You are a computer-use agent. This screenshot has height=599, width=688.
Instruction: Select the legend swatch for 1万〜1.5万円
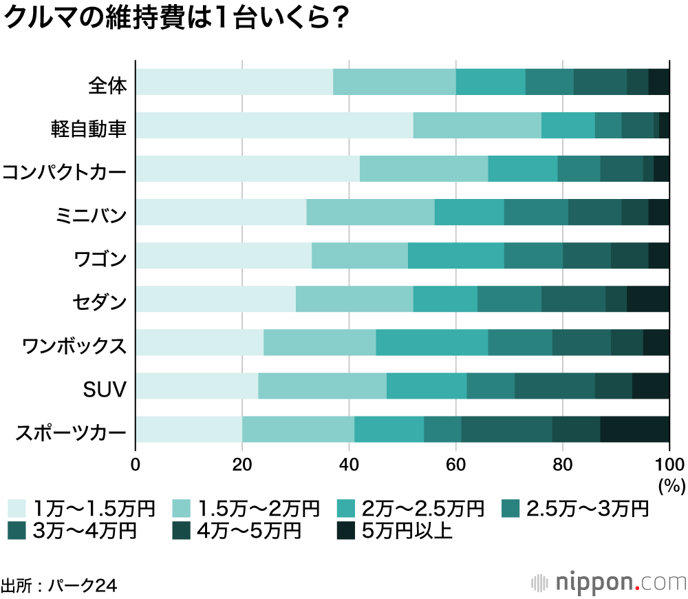point(17,509)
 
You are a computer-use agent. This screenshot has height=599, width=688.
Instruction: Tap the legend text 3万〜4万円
point(85,531)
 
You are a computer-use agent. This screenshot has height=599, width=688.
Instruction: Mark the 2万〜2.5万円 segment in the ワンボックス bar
point(431,342)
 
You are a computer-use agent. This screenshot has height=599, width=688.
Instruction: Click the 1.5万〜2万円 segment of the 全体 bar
point(394,82)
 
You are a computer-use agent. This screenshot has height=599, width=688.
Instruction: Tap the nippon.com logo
point(608,582)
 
